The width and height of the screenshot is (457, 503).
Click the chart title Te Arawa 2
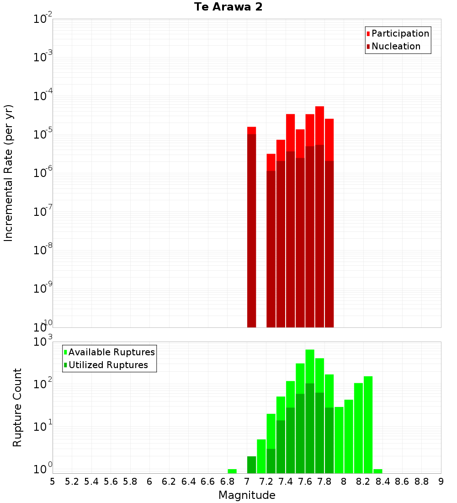pos(228,7)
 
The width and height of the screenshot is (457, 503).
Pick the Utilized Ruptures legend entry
pos(108,365)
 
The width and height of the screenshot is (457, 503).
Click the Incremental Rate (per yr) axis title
pos(9,173)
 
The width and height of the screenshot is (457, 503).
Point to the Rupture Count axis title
pos(17,407)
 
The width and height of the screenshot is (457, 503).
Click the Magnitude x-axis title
pos(247,495)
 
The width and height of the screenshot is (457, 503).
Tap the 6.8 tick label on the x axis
pos(227,482)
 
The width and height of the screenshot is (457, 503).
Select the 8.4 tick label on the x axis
pos(383,482)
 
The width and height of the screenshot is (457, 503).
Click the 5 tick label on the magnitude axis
pos(53,482)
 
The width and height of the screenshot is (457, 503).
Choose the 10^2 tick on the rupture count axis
pos(43,383)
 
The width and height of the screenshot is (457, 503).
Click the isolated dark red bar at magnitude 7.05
pos(251,229)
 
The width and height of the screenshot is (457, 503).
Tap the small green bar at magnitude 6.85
pos(232,471)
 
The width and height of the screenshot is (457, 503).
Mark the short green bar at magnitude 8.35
pos(377,471)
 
